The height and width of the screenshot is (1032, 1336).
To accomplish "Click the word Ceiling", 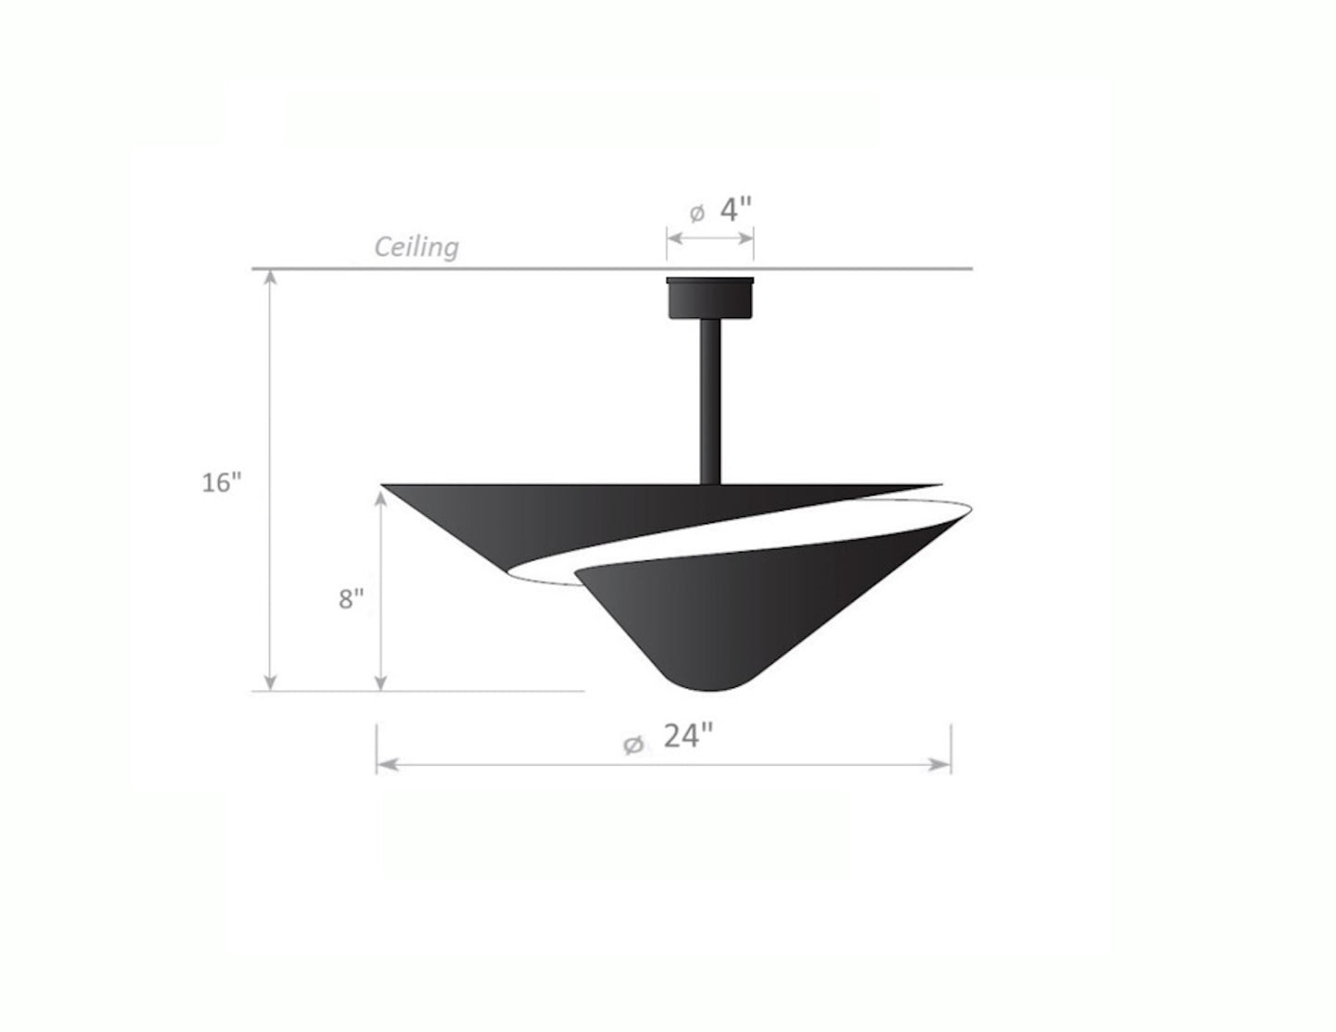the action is [x=416, y=248].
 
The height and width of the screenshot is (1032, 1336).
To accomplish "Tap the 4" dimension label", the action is [x=736, y=210].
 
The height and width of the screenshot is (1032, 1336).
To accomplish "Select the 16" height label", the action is [x=222, y=483].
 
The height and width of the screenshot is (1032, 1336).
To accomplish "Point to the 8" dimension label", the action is [x=351, y=598].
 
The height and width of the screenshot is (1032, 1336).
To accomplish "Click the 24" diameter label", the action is [x=688, y=736].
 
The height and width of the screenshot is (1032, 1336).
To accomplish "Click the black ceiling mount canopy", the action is [x=710, y=298].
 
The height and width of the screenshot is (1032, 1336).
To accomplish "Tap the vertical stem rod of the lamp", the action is [x=710, y=401].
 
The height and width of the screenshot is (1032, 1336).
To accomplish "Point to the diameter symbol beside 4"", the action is [x=696, y=214].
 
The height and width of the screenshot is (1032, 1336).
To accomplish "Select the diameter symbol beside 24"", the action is [x=633, y=745].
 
